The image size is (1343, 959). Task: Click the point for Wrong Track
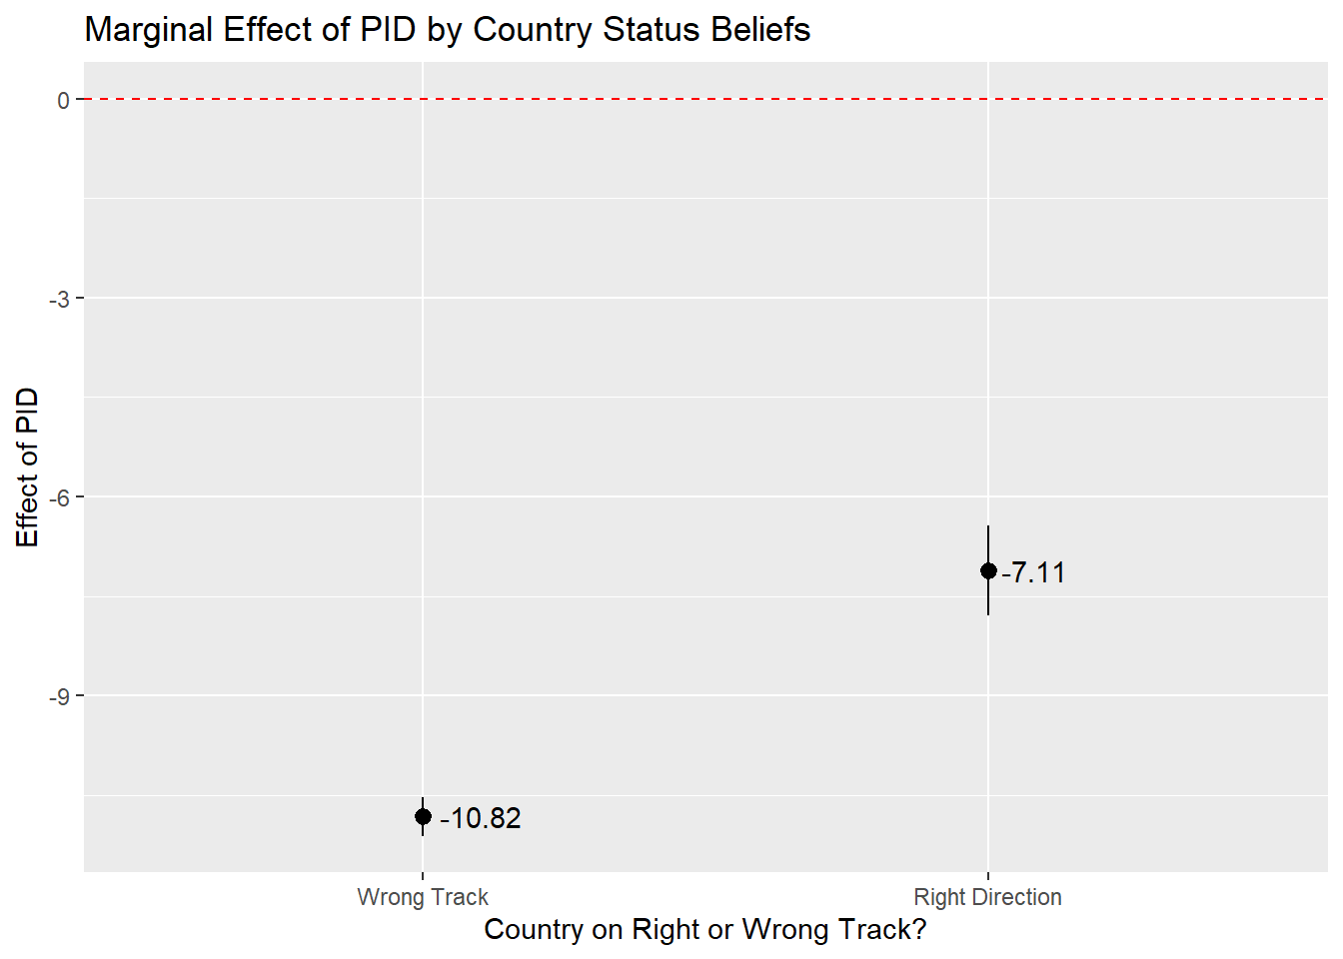tap(423, 817)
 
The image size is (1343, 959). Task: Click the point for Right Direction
tap(988, 571)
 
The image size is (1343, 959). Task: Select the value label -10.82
tap(481, 818)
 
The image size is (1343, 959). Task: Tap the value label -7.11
tap(1034, 572)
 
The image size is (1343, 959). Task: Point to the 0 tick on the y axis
tap(63, 100)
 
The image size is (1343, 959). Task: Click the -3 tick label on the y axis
tap(59, 299)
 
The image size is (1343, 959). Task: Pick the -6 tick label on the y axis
tap(59, 497)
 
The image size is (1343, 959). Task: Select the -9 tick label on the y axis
tap(59, 696)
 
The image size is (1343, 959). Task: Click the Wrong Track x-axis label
tap(423, 897)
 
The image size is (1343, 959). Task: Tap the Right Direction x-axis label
tap(987, 897)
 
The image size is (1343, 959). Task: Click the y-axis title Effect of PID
tap(28, 468)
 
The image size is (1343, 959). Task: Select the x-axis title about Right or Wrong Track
tap(704, 930)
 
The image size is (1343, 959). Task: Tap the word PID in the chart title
tap(388, 30)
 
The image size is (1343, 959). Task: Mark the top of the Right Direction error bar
tap(988, 526)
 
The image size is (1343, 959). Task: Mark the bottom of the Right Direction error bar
tap(988, 614)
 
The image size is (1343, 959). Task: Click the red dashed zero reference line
tap(699, 99)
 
